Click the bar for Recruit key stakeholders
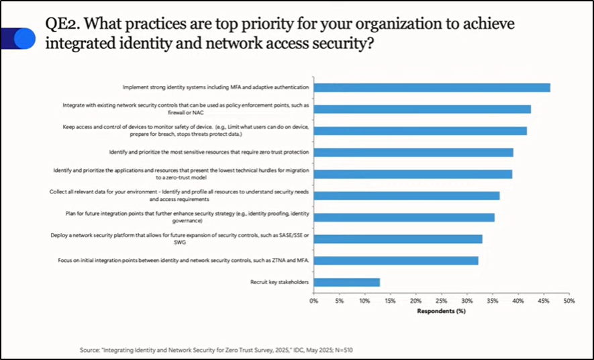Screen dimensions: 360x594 [346, 283]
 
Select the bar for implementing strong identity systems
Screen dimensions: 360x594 [432, 87]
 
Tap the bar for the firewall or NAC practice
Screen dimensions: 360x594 [422, 109]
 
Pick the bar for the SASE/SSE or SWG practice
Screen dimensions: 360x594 [397, 239]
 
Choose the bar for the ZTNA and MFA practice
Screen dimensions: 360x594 [396, 261]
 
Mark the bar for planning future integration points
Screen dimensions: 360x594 [404, 218]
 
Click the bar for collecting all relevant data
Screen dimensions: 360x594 [406, 195]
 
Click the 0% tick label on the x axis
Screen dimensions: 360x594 [313, 302]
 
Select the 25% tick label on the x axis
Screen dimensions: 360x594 [442, 302]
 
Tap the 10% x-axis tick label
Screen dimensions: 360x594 [364, 302]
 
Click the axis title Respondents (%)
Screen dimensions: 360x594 [441, 311]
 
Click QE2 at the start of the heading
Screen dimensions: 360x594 [63, 24]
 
